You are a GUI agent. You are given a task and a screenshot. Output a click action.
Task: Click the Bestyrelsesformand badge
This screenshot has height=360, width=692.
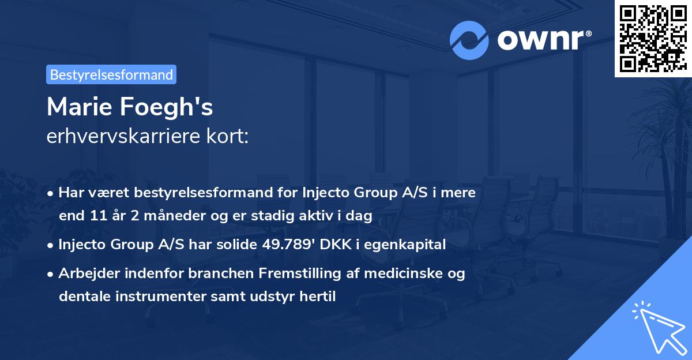[111, 74]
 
